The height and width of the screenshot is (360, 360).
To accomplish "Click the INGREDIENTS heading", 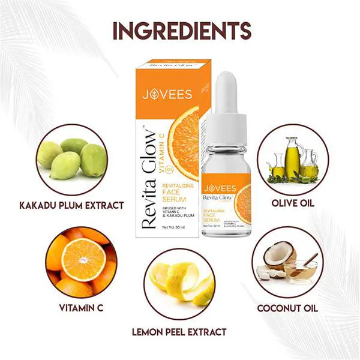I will [180, 30].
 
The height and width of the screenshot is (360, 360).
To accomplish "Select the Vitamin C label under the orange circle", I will [80, 308].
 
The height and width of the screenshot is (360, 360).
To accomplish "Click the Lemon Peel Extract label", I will [180, 331].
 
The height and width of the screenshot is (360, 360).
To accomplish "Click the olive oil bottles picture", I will [292, 157].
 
